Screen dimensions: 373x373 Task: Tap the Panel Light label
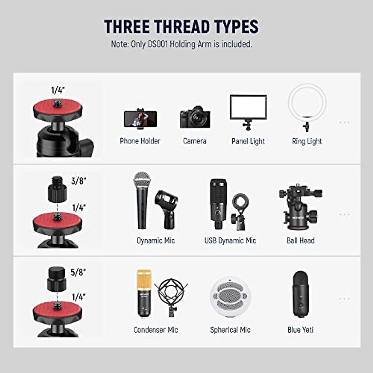click(x=248, y=141)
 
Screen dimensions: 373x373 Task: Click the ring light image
click(x=307, y=107)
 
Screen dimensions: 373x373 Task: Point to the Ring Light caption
click(x=307, y=141)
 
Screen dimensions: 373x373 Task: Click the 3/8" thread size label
click(x=78, y=181)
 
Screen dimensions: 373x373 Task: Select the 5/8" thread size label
click(x=78, y=272)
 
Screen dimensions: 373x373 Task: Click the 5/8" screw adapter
click(x=56, y=279)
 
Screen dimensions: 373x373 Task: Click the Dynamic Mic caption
click(x=156, y=241)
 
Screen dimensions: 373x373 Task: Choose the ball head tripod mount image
click(x=300, y=207)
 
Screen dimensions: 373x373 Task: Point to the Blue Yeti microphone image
click(x=300, y=294)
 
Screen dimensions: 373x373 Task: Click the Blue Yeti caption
click(x=300, y=330)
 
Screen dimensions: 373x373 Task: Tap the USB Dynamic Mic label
click(x=230, y=241)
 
